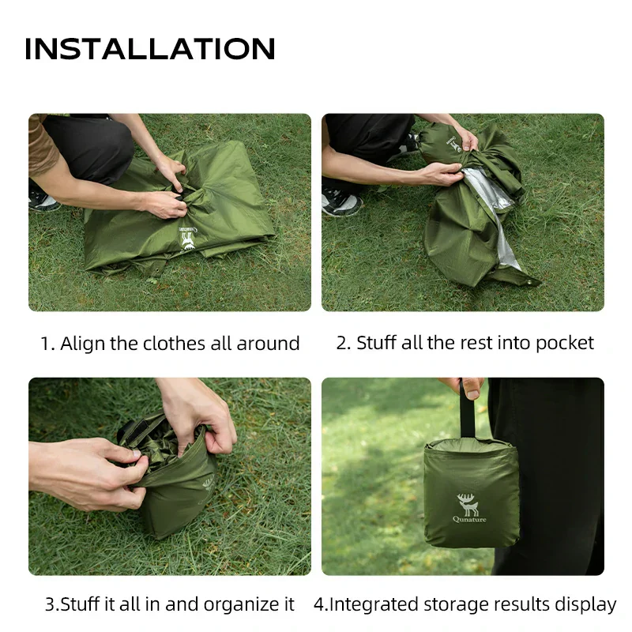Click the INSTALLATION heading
(x=150, y=49)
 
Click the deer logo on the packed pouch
(x=467, y=503)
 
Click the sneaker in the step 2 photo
(x=341, y=202)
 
